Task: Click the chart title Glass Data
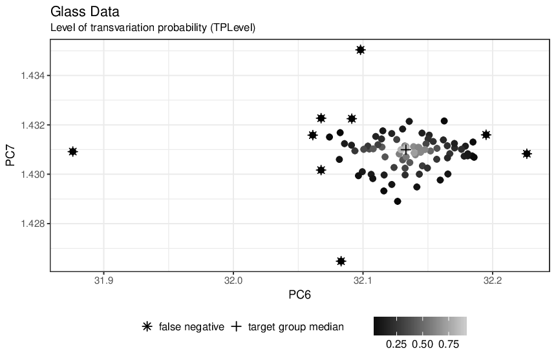point(85,12)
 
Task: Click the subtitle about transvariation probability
point(153,28)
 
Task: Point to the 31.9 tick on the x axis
point(103,281)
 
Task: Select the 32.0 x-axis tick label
point(233,281)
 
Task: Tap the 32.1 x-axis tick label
point(363,281)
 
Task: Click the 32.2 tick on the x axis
point(493,281)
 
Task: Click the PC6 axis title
point(299,295)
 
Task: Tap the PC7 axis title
point(10,155)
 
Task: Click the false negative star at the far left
point(72,152)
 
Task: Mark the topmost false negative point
point(360,50)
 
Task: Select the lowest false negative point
point(341,261)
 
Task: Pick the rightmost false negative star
point(526,154)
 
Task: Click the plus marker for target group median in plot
point(406,150)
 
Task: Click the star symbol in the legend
point(147,326)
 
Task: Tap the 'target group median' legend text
point(296,326)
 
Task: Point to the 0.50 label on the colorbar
point(422,344)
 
